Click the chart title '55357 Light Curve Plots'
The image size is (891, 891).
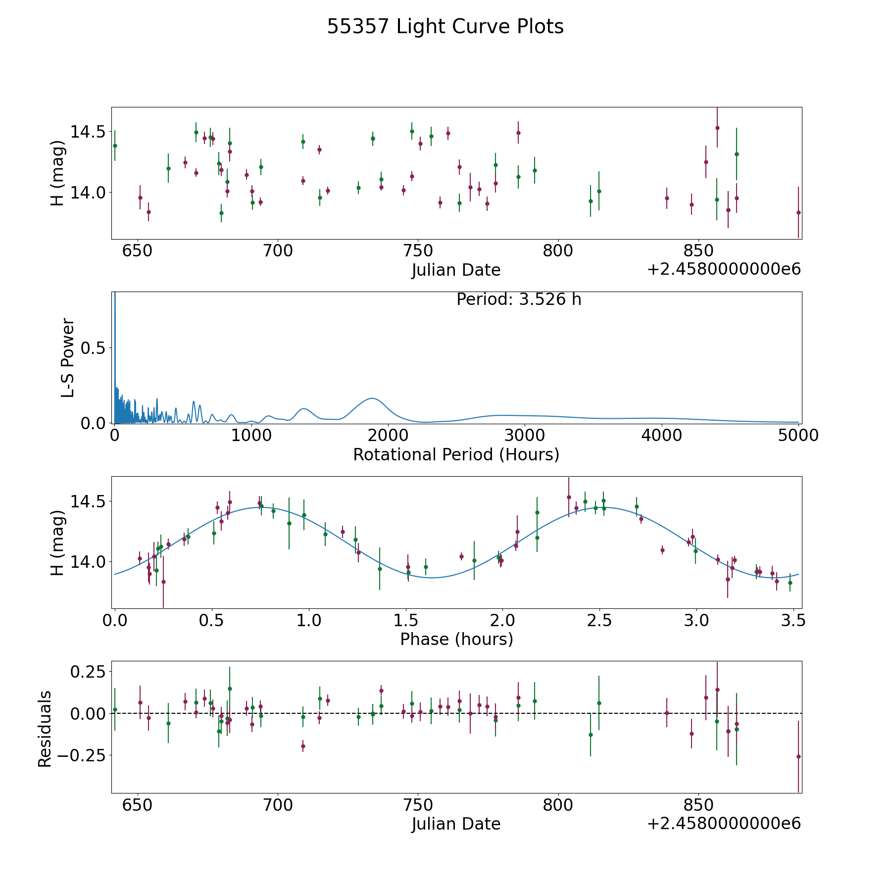445,27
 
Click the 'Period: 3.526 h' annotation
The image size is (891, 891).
518,299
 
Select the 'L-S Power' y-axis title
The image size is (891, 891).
68,357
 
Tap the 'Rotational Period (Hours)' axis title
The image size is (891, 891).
456,454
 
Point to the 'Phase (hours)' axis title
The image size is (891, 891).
456,639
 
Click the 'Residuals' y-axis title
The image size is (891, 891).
45,729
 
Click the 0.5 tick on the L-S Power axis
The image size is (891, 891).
93,348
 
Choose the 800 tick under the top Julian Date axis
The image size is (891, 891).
558,250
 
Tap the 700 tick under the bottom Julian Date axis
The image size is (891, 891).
278,805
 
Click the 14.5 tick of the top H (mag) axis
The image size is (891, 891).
88,132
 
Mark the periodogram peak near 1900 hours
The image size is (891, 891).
372,398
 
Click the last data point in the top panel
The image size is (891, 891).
798,212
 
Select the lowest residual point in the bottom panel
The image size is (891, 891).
798,756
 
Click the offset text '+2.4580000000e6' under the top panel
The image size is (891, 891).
724,270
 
